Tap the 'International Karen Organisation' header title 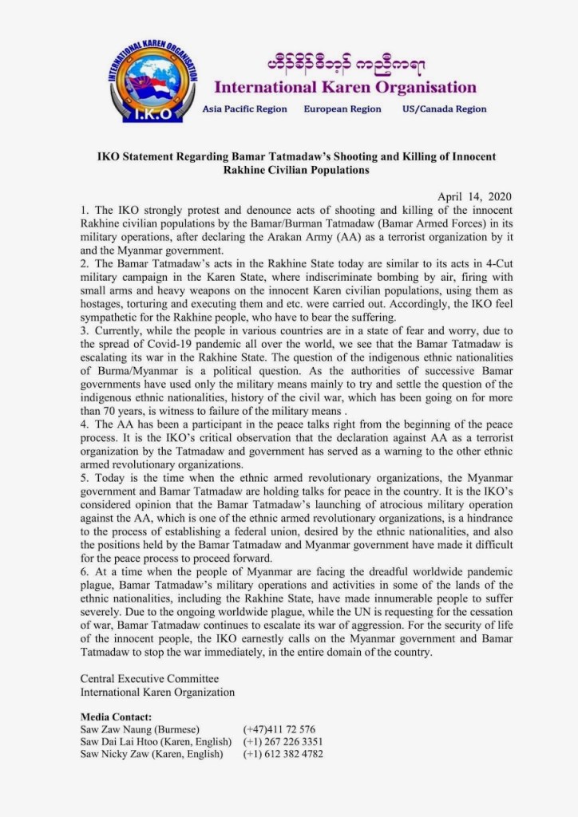(346, 88)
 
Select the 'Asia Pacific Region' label (244, 109)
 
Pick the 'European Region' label (342, 109)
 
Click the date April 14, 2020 (475, 196)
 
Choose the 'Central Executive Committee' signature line (148, 679)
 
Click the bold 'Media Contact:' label (116, 717)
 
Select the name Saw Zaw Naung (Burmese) (140, 729)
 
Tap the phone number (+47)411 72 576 (279, 729)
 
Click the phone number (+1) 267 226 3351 (283, 741)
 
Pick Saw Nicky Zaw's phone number (283, 754)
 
